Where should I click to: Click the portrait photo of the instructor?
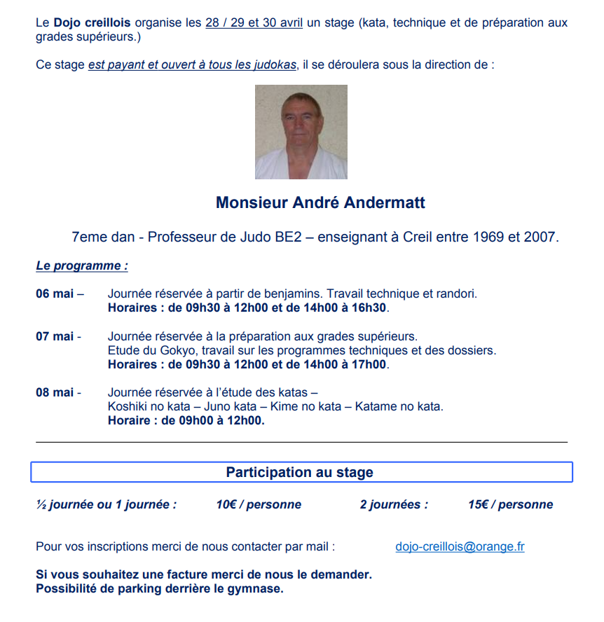pos(301,132)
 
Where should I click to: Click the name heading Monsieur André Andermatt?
pos(320,203)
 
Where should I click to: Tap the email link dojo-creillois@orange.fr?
pos(460,547)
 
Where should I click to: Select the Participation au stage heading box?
pos(301,472)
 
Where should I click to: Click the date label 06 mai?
pos(55,294)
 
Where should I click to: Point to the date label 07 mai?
pos(55,337)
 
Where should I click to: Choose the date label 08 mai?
pos(55,393)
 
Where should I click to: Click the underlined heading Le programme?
pos(82,266)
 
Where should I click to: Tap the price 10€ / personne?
pos(259,504)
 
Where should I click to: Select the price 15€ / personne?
pos(510,504)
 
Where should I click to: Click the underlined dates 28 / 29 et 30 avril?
pos(254,22)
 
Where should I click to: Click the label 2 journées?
pos(394,504)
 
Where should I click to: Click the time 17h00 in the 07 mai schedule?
pos(369,364)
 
